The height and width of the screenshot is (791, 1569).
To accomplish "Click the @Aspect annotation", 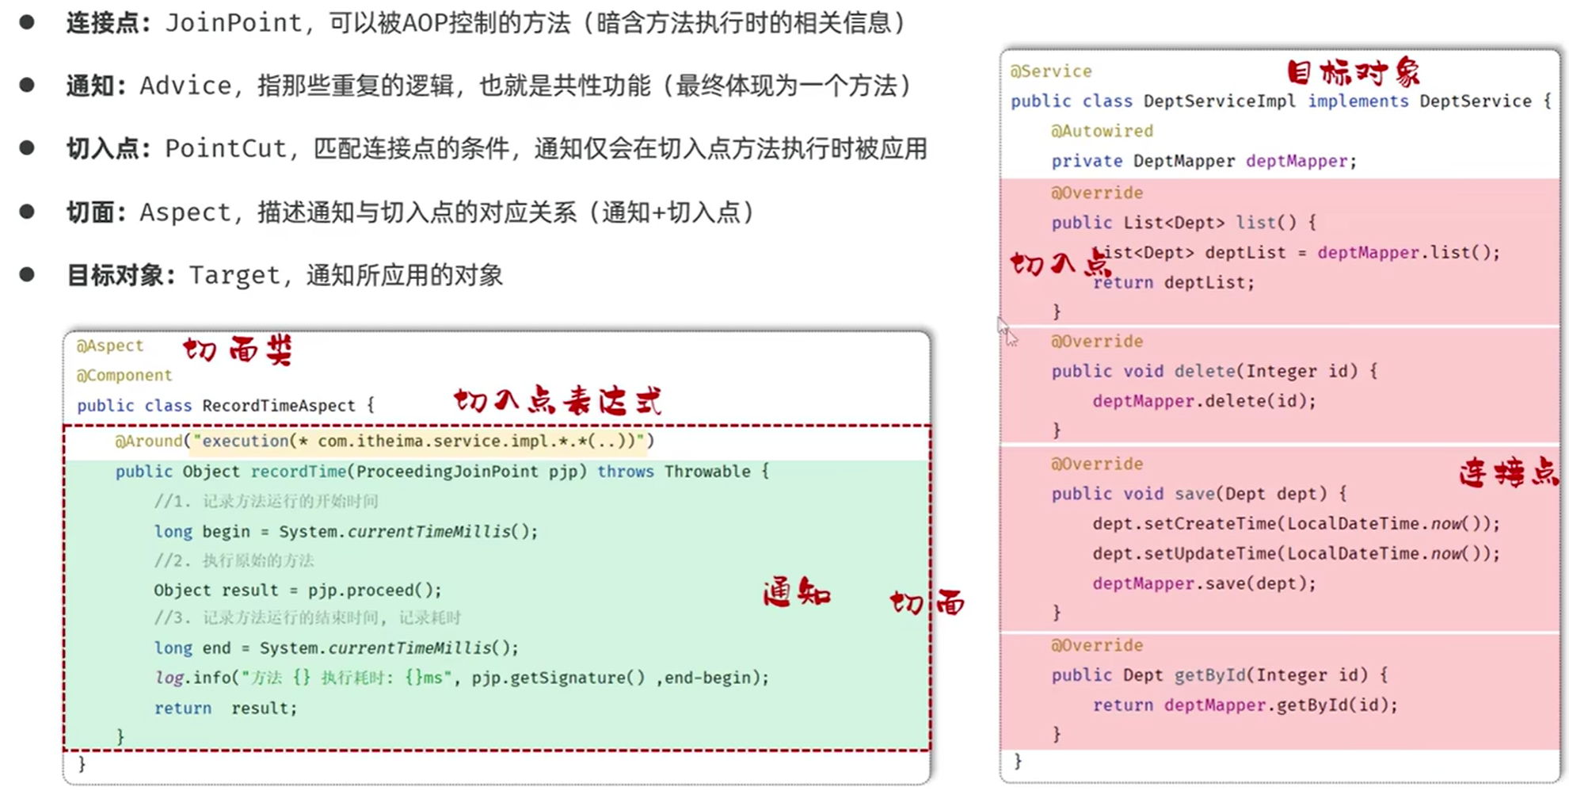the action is (109, 346).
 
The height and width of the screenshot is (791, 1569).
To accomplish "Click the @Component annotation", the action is (124, 375).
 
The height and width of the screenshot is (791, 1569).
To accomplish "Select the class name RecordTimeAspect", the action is (278, 406).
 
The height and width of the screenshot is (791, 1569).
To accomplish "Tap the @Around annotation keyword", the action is (148, 441).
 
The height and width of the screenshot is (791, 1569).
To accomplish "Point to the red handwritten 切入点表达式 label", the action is (558, 401).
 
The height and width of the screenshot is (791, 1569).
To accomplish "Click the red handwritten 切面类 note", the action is (238, 350).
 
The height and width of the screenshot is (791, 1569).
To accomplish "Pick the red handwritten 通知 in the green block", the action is (796, 593).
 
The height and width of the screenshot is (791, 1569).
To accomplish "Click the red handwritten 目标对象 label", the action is (1353, 73).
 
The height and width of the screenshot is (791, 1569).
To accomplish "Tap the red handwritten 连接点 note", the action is (1508, 473).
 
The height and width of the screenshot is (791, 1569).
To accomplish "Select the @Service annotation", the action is (1050, 71).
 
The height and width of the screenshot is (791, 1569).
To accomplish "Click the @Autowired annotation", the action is (1102, 131).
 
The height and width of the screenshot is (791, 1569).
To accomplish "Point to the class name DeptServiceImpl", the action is (1219, 101).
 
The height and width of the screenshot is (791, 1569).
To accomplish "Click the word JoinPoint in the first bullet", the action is (234, 23).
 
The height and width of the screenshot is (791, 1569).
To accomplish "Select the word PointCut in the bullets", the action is (226, 148).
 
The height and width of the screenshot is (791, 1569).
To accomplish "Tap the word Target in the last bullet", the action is (234, 275).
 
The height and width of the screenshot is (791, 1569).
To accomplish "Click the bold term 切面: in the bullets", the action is (96, 212).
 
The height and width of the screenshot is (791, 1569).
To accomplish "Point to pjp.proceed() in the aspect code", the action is (375, 590).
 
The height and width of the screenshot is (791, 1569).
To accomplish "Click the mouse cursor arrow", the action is (1006, 331).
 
